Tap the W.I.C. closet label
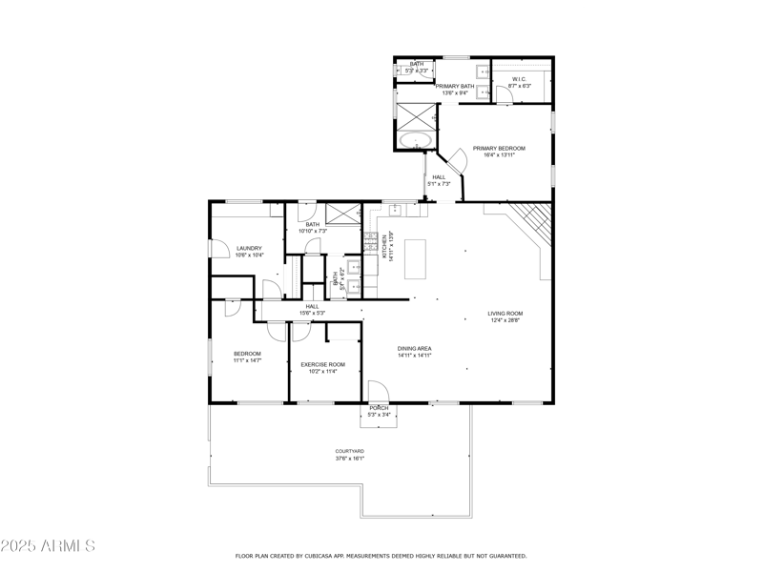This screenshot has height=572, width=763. coord(520,79)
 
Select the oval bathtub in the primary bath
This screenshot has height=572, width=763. coord(415,140)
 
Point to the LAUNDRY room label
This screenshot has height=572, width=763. coord(249,249)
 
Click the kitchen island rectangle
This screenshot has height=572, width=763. coord(416,258)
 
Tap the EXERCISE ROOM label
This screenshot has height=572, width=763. coord(322,364)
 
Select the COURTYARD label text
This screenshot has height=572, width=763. coord(349,451)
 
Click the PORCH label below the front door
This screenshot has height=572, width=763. coord(380,407)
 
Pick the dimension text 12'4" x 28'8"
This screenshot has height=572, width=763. coord(505,321)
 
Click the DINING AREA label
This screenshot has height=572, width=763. coord(415,349)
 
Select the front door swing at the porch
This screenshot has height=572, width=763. coord(377,391)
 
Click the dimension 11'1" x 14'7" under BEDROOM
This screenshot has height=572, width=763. coord(247,361)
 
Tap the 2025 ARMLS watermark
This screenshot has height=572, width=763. coord(48,546)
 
